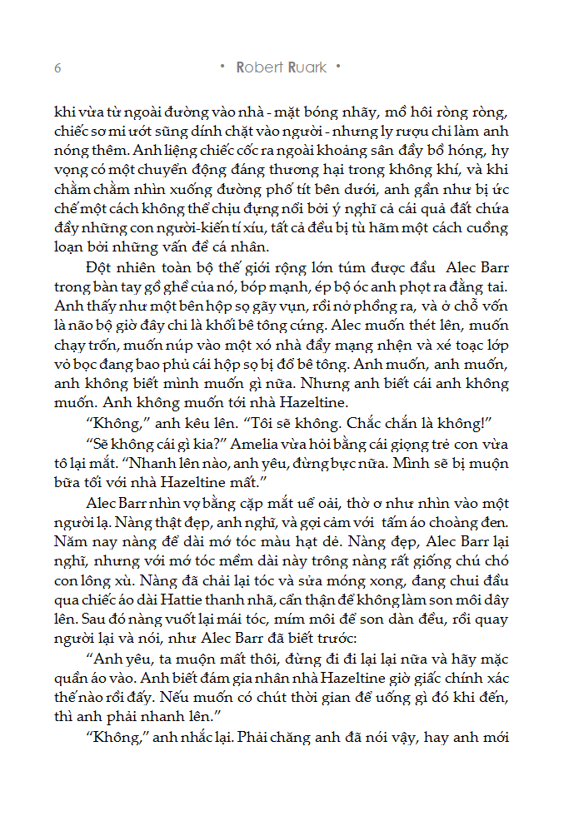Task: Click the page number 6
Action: point(57,67)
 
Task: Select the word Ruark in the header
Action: point(307,67)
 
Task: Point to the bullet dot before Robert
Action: point(222,66)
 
